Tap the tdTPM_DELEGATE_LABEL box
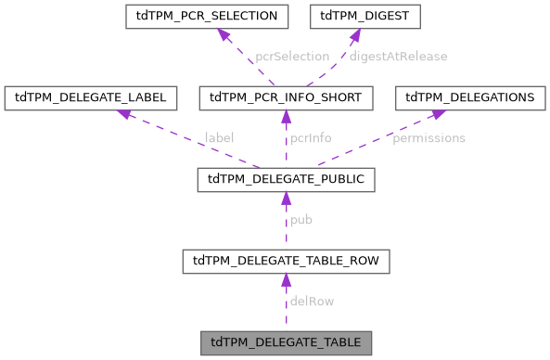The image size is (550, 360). (97, 97)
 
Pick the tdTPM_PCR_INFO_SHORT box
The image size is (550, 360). (286, 97)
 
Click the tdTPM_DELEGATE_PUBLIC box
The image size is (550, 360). (286, 179)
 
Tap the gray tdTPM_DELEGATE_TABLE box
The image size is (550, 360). (286, 341)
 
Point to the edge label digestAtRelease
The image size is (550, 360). (399, 57)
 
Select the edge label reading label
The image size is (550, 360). (219, 138)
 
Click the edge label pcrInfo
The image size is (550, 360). (311, 138)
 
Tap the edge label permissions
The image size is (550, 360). (428, 138)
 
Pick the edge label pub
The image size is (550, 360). (301, 220)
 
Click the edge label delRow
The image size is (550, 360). (312, 302)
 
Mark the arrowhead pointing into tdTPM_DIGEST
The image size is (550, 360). (353, 34)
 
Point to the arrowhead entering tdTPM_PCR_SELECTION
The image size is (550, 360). (224, 34)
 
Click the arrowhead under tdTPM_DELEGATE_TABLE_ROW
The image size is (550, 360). (286, 280)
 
